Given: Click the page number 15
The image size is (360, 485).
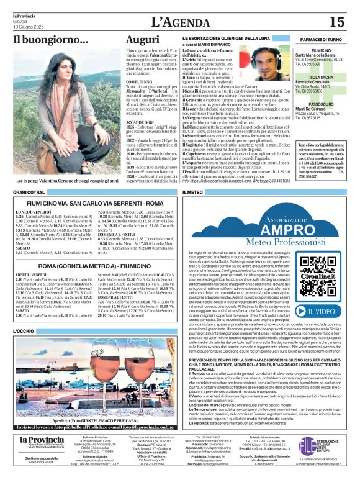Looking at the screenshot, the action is [337, 22].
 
